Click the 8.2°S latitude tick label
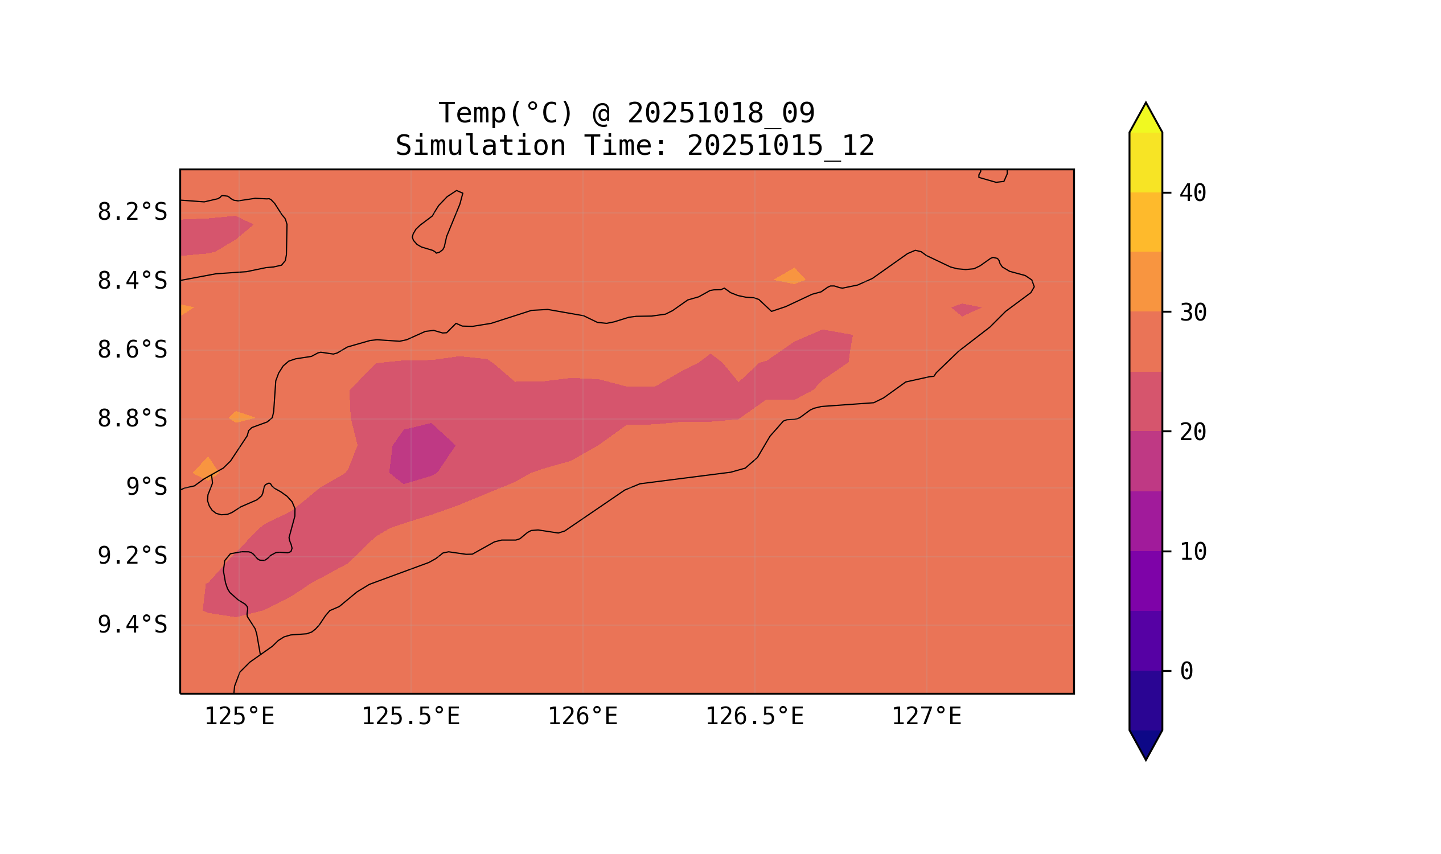tap(132, 212)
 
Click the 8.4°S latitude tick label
tap(132, 281)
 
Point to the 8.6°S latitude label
tap(132, 350)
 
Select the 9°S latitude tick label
tap(146, 487)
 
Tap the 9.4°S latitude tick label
tap(132, 625)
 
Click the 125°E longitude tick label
tap(239, 717)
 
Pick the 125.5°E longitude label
tap(410, 717)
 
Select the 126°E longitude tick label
tap(582, 717)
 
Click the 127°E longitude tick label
tap(926, 717)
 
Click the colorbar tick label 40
tap(1192, 194)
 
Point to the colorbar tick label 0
tap(1186, 672)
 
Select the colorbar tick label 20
tap(1192, 433)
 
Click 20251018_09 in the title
tap(721, 113)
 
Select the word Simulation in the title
tap(480, 146)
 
